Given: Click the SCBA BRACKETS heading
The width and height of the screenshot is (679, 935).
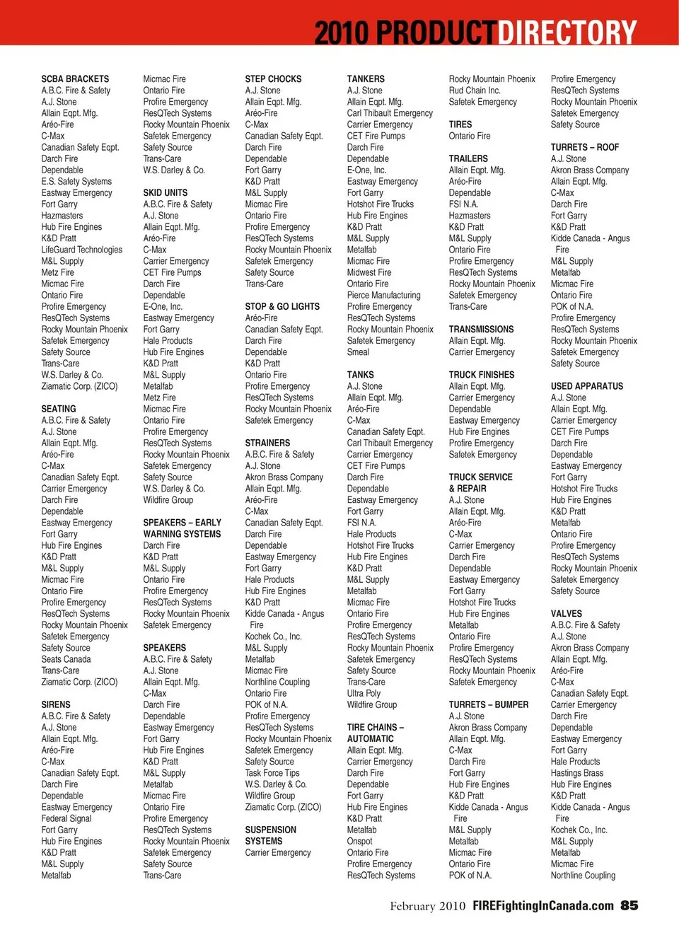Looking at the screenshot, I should tap(75, 79).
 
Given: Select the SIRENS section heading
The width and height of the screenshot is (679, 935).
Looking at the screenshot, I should tap(56, 704).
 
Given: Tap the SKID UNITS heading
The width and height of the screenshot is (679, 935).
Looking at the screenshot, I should tap(166, 192).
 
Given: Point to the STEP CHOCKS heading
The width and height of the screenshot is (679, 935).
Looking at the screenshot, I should tap(273, 79).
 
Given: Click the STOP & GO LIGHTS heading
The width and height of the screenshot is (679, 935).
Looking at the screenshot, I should tap(282, 306).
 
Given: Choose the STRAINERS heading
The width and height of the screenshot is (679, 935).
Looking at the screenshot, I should tap(267, 443).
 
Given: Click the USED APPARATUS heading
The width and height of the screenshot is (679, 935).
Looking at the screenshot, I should tap(587, 386).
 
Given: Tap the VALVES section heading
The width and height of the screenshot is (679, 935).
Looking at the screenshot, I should tap(567, 614).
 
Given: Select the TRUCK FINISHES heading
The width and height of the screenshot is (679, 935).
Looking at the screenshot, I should tap(482, 375).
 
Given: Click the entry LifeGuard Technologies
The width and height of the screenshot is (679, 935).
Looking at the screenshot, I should tap(81, 250).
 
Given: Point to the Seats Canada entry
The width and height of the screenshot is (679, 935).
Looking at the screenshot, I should tap(66, 659).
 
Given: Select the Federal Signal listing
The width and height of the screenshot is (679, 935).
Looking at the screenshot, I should tap(66, 818).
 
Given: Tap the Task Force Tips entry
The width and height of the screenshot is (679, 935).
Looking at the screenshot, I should tap(272, 773).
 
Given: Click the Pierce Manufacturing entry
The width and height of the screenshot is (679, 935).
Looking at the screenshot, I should tap(383, 295).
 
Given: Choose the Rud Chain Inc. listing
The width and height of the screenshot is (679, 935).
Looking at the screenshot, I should tap(475, 91).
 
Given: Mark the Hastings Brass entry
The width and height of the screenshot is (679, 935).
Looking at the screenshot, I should tap(577, 773).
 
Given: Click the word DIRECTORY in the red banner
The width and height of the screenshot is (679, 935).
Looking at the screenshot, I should tap(567, 33).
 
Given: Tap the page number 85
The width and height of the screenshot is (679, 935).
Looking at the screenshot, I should tap(629, 906).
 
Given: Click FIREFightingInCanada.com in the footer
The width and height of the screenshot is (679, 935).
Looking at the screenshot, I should tap(543, 906).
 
